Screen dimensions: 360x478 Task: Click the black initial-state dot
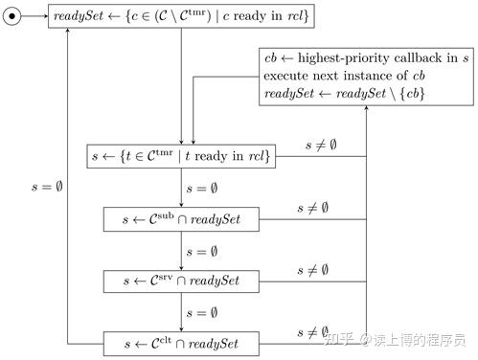tap(12, 16)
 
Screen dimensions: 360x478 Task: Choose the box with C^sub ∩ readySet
tap(182, 219)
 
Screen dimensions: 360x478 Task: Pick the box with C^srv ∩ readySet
tap(182, 281)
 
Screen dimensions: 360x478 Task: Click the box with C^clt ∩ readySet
tap(182, 343)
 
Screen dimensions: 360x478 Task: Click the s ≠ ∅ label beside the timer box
tap(321, 146)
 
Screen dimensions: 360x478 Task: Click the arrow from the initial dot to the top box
tap(34, 16)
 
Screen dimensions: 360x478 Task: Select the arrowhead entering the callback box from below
tap(367, 111)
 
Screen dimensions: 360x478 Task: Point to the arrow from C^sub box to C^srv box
tap(182, 250)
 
